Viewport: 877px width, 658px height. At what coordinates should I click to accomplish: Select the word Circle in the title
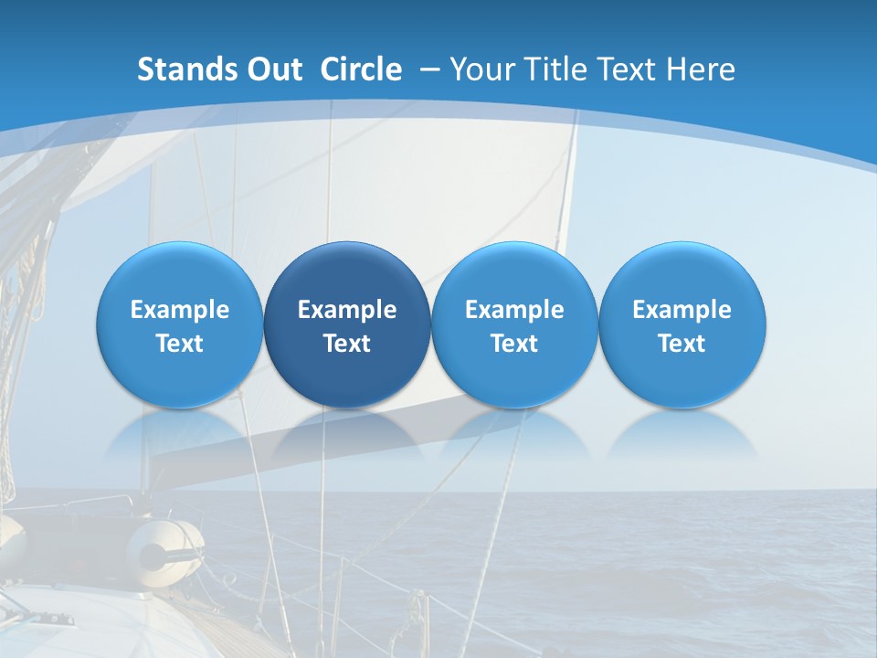tap(361, 69)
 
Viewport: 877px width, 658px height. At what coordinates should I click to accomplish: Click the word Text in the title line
tap(629, 69)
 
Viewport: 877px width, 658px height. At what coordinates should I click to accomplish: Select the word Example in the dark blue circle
tap(347, 310)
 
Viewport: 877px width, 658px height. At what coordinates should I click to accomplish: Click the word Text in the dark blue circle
tap(347, 344)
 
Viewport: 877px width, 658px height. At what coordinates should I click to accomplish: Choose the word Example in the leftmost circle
tap(180, 310)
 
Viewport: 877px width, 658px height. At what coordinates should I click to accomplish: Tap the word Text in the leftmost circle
tap(180, 344)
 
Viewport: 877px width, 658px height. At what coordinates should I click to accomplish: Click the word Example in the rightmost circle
tap(682, 310)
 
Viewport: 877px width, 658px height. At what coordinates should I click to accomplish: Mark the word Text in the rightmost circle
tap(682, 344)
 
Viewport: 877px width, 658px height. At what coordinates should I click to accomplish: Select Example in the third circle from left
tap(514, 310)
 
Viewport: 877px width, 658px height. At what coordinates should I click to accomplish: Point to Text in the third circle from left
tap(514, 344)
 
